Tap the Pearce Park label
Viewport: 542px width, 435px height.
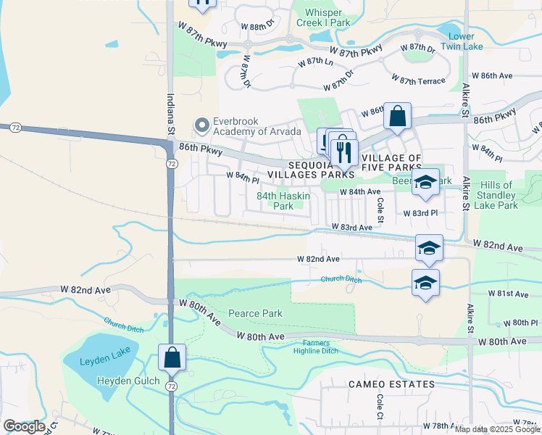point(255,313)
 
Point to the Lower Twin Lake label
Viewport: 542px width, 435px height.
point(462,41)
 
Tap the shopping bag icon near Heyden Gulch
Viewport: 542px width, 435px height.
point(172,357)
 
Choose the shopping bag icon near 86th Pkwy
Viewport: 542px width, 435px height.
point(397,116)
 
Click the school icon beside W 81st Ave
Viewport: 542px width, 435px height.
point(425,283)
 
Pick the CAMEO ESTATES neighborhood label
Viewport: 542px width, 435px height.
point(391,384)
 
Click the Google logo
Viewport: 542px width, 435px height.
point(23,427)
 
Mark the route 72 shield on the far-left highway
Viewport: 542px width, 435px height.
point(14,128)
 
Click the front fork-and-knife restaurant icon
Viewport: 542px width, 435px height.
point(343,152)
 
